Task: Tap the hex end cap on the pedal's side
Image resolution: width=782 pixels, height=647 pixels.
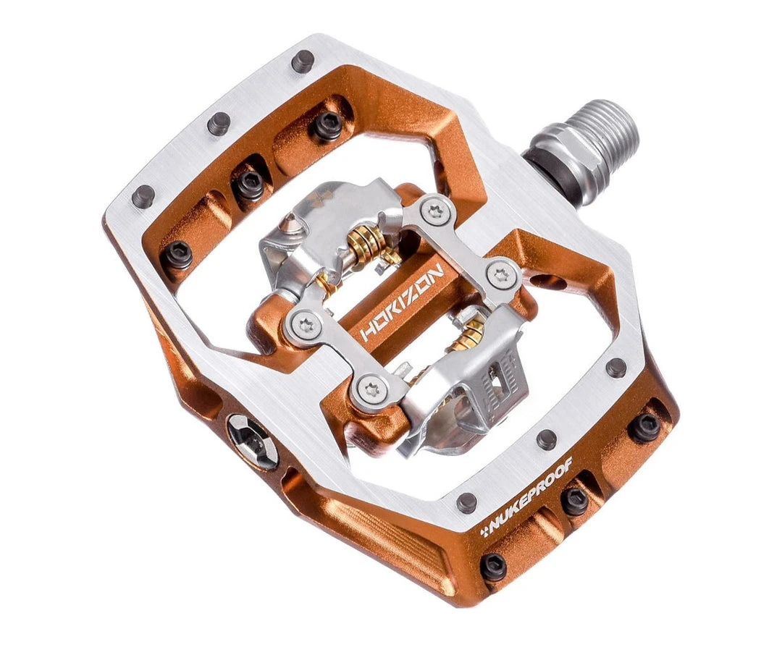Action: click(x=252, y=441)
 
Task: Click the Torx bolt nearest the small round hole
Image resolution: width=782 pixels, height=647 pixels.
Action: click(x=501, y=275)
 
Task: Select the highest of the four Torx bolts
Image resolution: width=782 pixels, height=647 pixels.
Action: click(x=437, y=211)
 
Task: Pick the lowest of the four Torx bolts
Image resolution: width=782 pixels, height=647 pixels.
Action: click(x=373, y=391)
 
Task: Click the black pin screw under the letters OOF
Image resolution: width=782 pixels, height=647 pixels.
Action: click(x=575, y=500)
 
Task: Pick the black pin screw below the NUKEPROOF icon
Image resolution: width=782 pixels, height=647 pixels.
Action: click(x=493, y=567)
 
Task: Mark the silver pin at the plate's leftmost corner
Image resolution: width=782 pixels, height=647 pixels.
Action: click(x=143, y=196)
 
